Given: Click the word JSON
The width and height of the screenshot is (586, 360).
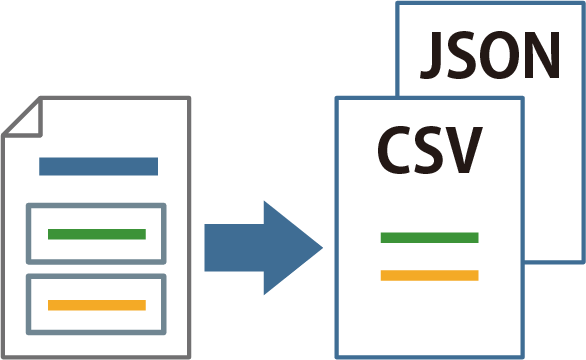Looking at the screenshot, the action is pos(490,55).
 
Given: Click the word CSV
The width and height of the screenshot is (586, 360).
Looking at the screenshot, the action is pos(429,150).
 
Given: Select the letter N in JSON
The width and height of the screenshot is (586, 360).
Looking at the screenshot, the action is pos(542,55).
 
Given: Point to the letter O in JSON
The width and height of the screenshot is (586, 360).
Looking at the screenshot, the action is pos(499,55).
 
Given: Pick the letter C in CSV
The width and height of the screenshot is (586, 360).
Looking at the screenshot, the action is pos(394,150).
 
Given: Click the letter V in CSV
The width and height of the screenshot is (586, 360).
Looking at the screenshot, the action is pos(463,150).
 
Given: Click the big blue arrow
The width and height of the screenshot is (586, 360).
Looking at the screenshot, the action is pos(263,248).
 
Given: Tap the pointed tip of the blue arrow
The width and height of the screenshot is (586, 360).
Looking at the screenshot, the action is pos(323,247).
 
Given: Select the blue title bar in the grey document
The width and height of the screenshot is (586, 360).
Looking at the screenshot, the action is pos(99,166).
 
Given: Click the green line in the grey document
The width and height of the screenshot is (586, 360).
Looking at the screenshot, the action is pos(97,234).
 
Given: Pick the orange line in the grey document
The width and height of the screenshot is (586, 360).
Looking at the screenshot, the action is pos(97,305).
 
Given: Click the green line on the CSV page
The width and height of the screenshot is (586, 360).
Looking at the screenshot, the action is pos(429,237).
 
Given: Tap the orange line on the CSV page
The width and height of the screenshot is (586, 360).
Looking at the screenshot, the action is pos(429,275).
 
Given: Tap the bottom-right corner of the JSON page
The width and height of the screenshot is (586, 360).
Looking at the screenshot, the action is pos(583,262).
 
